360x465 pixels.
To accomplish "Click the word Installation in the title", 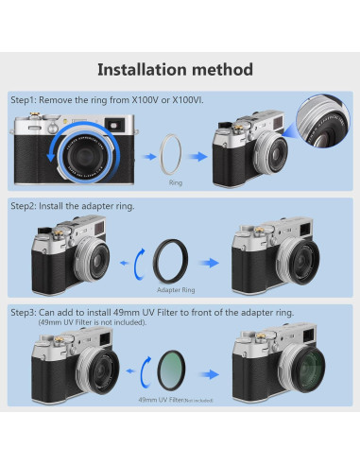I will pyautogui.click(x=146, y=69).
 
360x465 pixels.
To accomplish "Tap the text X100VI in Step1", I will pyautogui.click(x=187, y=100).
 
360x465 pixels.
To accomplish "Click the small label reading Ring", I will pyautogui.click(x=174, y=180).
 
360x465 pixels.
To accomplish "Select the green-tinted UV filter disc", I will pyautogui.click(x=175, y=365).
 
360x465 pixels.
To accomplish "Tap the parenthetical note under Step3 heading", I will pyautogui.click(x=86, y=322).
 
